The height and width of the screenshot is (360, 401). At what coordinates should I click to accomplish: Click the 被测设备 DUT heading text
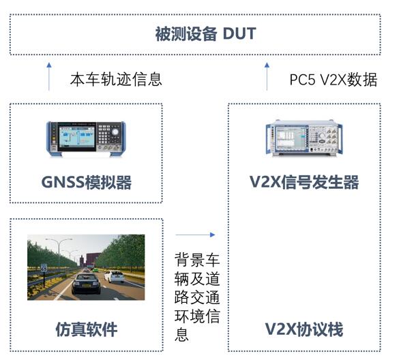(x=206, y=34)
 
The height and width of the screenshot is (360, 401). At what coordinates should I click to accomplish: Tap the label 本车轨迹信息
(x=116, y=79)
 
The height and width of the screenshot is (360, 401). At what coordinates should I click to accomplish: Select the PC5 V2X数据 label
(x=333, y=80)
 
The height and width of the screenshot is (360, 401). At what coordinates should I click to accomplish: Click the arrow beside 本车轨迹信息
(x=49, y=76)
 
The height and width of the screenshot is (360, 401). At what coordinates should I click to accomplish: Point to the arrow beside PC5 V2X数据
(x=267, y=76)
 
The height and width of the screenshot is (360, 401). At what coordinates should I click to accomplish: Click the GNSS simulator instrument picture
(x=86, y=138)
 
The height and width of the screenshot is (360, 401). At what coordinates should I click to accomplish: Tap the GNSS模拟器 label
(x=87, y=183)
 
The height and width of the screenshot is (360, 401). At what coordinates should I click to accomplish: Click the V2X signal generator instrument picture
(x=304, y=138)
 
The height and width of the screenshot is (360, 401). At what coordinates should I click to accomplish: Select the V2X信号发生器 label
(x=304, y=182)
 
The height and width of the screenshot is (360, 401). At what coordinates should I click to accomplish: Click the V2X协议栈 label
(x=304, y=329)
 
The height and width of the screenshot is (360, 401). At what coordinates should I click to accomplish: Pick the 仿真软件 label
(x=87, y=329)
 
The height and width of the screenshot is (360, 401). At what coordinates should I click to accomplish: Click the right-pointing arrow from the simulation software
(x=195, y=235)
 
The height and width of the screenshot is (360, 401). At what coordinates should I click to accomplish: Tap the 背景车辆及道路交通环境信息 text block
(x=197, y=297)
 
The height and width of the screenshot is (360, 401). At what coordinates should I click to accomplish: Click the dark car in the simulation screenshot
(x=86, y=284)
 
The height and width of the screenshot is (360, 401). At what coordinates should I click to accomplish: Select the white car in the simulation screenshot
(x=115, y=277)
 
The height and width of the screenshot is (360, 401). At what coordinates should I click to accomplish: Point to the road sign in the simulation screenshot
(x=44, y=268)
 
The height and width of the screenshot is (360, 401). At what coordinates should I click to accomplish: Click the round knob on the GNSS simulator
(x=115, y=132)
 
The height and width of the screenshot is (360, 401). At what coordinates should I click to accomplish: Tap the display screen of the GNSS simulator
(x=76, y=137)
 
